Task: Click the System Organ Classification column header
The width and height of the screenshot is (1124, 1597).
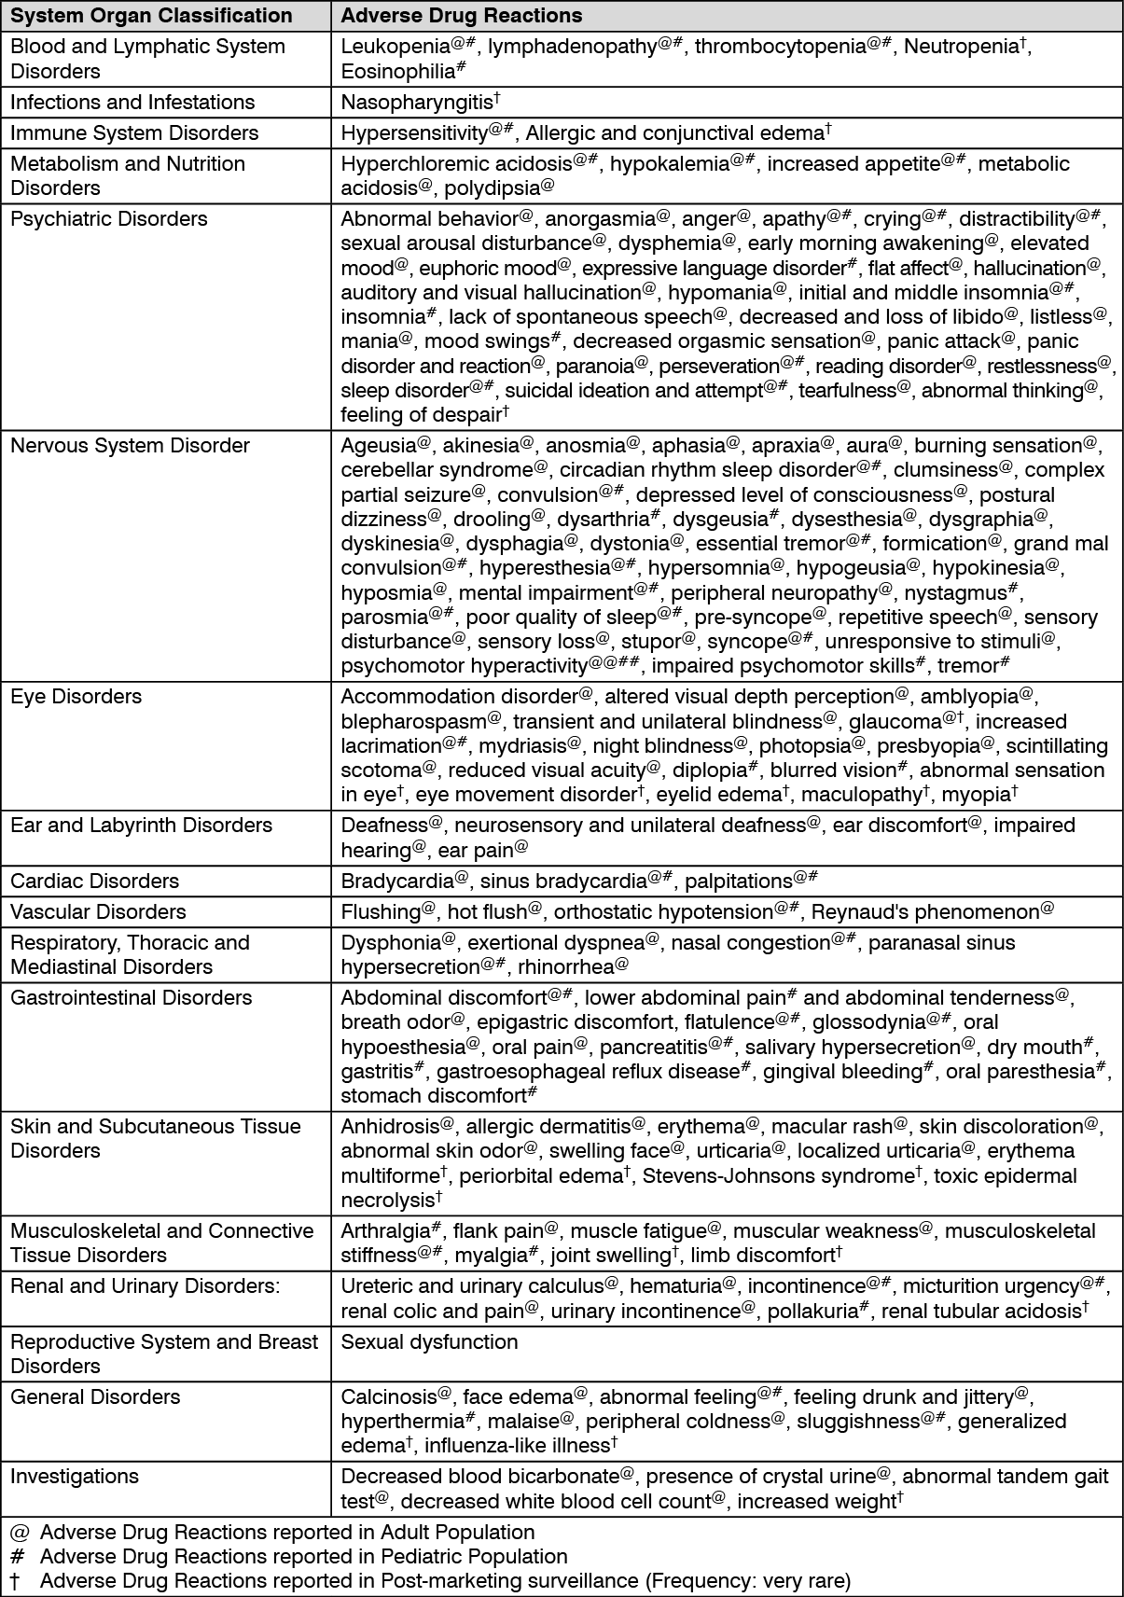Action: tap(151, 16)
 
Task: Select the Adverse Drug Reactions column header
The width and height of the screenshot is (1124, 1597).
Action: tap(462, 16)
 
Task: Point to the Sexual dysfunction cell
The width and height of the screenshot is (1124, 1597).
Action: tap(429, 1342)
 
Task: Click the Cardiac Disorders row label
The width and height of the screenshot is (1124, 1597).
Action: tap(94, 882)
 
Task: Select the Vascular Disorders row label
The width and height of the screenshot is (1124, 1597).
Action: tap(98, 912)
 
